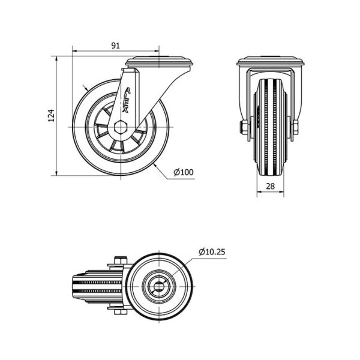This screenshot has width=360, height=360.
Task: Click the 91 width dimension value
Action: [116, 46]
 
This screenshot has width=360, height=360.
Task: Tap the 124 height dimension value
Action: [52, 115]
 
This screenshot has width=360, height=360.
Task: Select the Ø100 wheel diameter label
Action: [184, 172]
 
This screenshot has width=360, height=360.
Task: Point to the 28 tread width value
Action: [270, 186]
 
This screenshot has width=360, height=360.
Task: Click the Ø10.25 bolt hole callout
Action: [212, 252]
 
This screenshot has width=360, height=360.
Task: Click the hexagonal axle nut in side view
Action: [121, 127]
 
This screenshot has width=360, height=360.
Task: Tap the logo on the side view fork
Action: [126, 100]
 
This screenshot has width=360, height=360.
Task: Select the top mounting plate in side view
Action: [159, 62]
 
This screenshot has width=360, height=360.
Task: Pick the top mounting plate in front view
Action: [270, 61]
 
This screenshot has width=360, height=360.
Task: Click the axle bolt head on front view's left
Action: [242, 128]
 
